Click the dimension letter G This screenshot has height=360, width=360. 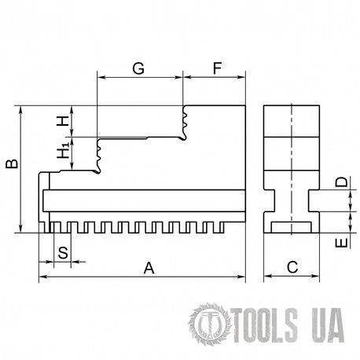(138, 68)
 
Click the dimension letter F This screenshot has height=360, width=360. (217, 68)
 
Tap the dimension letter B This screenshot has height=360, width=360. (12, 163)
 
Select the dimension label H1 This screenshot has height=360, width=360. (63, 150)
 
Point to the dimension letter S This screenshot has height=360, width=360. (63, 253)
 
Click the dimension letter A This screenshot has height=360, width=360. (149, 268)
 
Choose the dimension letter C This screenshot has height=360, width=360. (292, 267)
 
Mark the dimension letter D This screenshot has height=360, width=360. (341, 182)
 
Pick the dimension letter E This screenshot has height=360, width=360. (341, 243)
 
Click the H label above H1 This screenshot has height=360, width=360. (63, 121)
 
